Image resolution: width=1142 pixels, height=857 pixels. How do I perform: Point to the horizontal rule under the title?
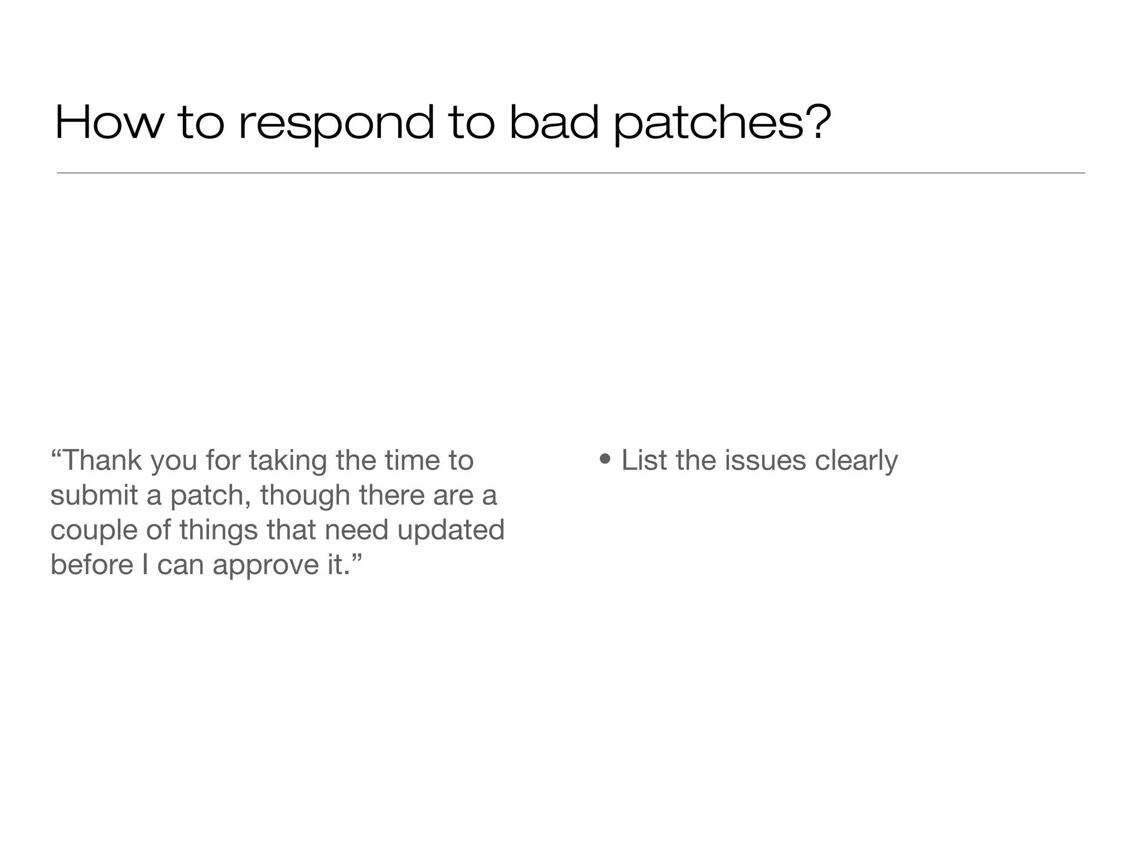[571, 173]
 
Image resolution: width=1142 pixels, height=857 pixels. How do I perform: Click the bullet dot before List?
[606, 460]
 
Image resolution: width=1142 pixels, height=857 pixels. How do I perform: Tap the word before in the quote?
[91, 565]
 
